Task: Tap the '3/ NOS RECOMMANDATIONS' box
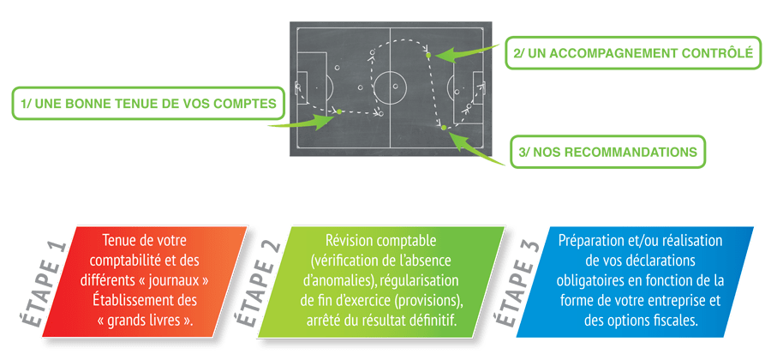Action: click(607, 152)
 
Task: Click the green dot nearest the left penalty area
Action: click(339, 112)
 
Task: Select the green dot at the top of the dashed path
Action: click(428, 56)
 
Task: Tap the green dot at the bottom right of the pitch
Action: click(444, 128)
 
